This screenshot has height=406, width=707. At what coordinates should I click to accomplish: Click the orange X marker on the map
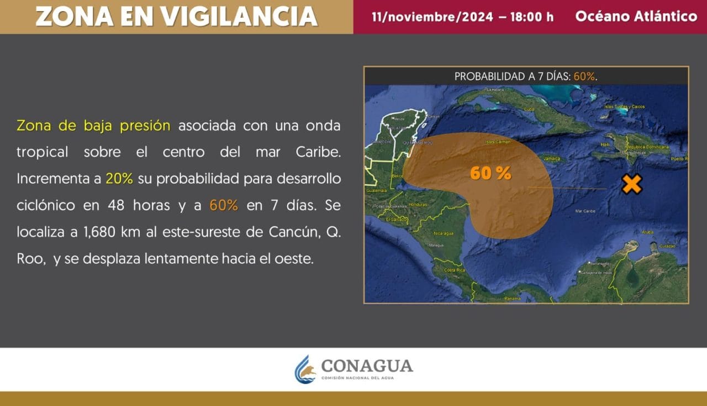click(x=631, y=184)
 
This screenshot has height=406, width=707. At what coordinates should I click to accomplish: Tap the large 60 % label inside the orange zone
click(x=490, y=173)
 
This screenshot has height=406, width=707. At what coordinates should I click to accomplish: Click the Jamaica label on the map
click(x=551, y=159)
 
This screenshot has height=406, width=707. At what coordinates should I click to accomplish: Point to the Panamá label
click(x=512, y=299)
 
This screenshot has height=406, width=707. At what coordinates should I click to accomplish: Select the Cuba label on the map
click(x=529, y=109)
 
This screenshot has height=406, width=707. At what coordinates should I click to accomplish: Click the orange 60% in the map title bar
click(x=584, y=76)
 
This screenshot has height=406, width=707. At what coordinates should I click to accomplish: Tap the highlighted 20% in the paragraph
click(x=119, y=179)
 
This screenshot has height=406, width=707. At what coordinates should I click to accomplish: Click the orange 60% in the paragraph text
click(x=224, y=205)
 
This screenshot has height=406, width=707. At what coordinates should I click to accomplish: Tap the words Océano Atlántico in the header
click(x=636, y=17)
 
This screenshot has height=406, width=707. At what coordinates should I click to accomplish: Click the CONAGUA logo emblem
click(x=304, y=369)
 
